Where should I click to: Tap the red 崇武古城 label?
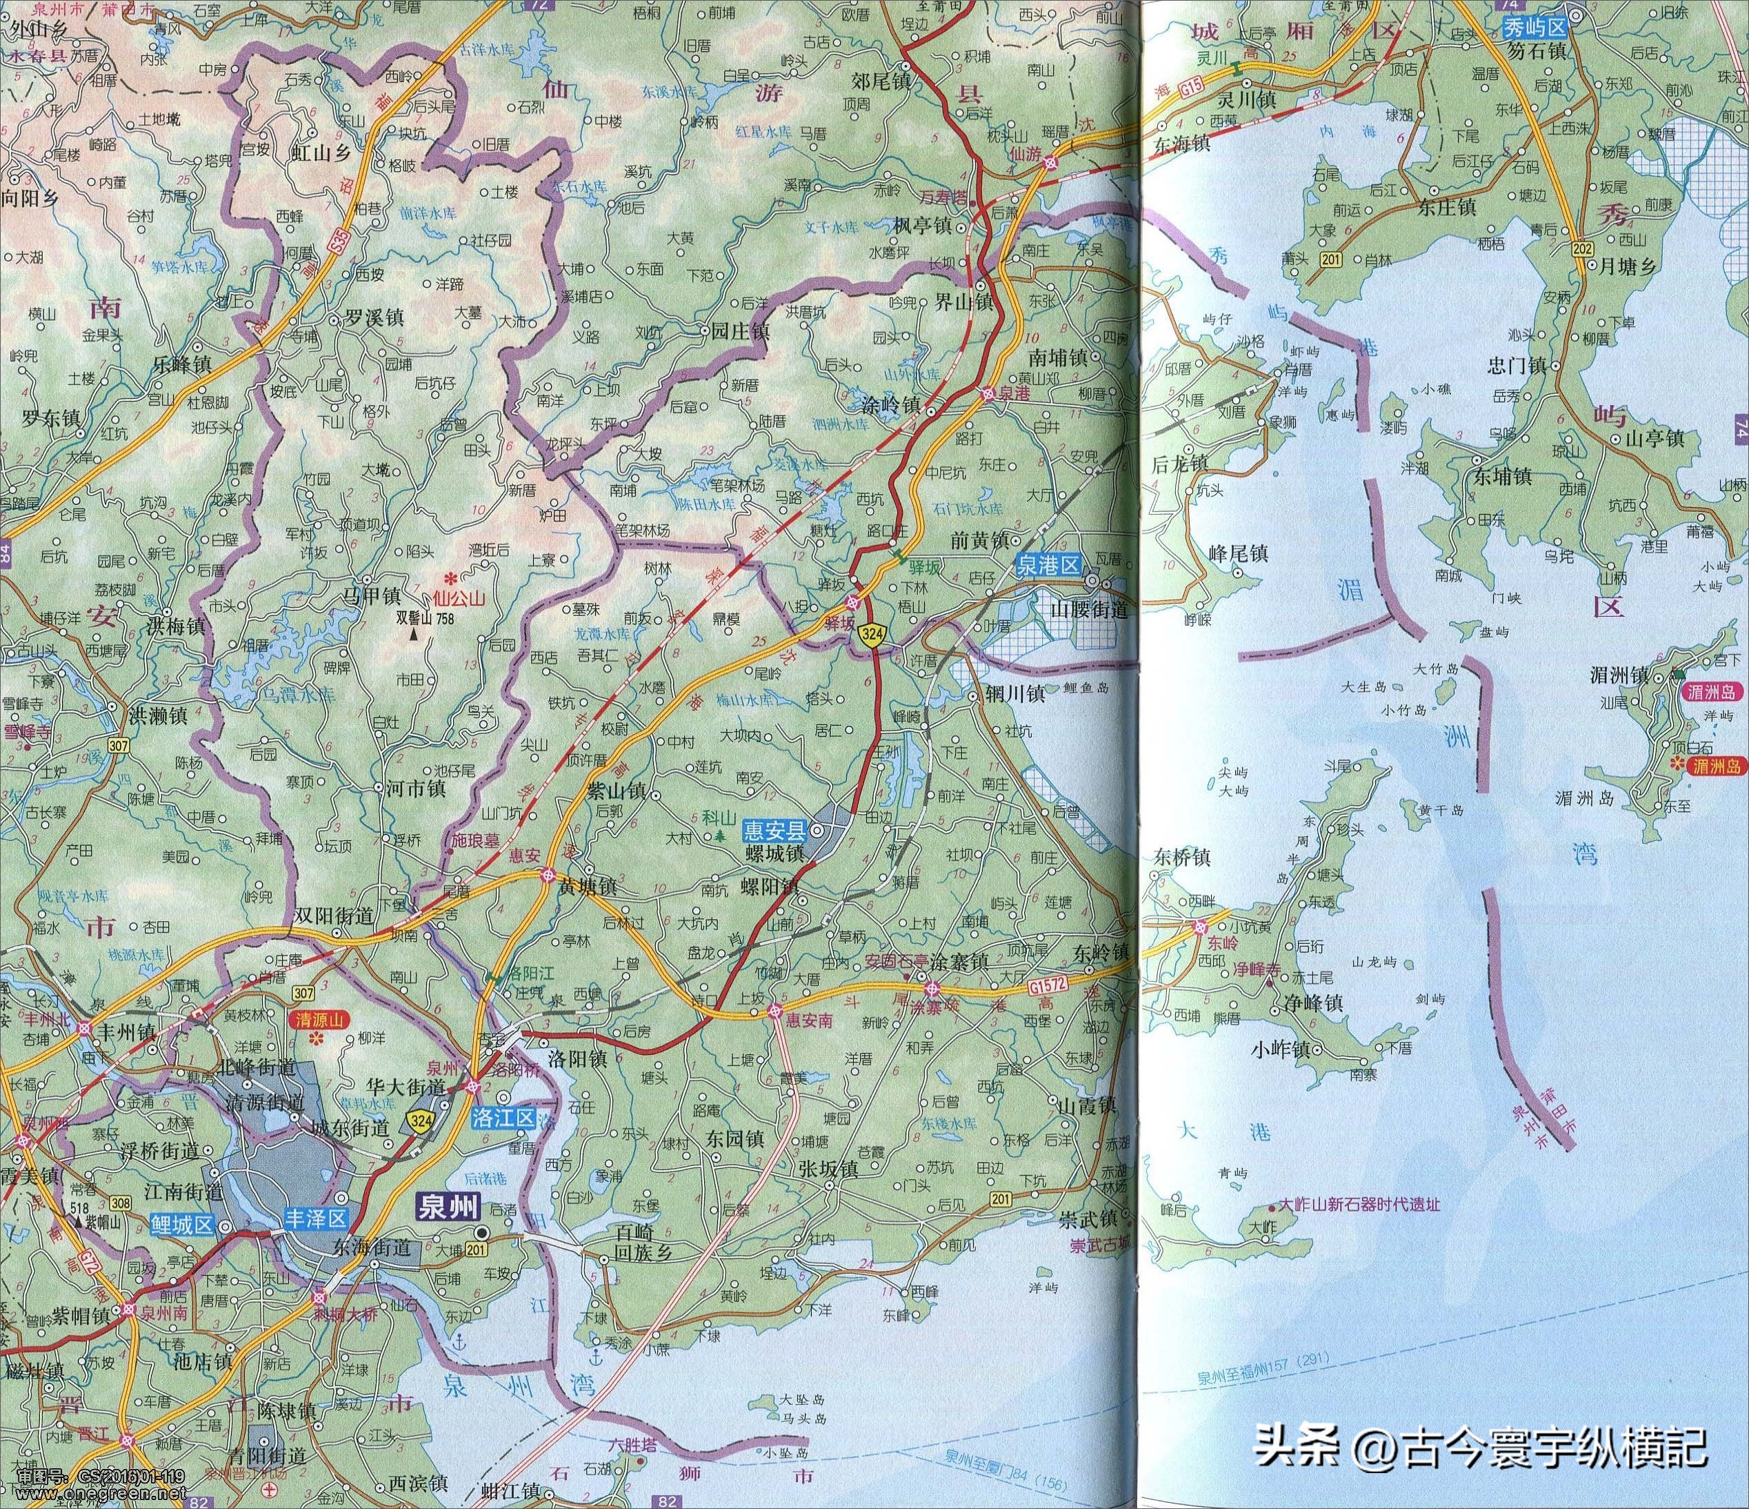pos(1092,1245)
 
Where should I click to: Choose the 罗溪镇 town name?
pos(374,317)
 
